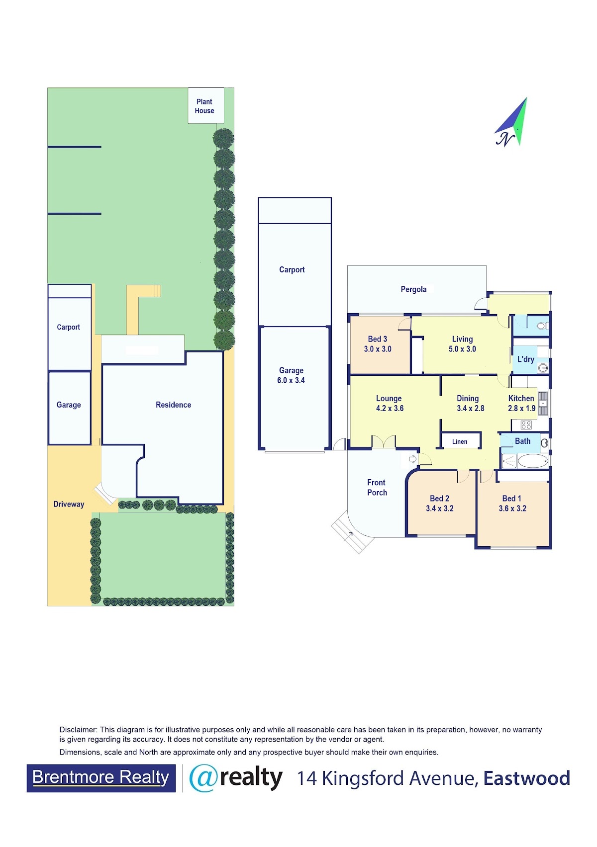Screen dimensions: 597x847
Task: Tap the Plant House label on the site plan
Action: [x=204, y=106]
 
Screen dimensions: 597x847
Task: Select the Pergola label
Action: [x=413, y=289]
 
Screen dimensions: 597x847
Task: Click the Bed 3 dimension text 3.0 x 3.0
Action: [x=378, y=349]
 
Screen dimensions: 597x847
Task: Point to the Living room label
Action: [x=462, y=339]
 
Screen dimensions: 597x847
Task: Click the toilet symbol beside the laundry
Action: [x=542, y=326]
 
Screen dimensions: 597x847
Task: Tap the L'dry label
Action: [x=525, y=359]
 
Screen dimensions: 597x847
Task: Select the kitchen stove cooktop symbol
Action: [x=526, y=424]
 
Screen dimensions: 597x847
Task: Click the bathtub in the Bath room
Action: [x=533, y=461]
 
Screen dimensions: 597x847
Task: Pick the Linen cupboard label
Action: [x=459, y=442]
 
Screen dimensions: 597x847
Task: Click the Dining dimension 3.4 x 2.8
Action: [x=470, y=409]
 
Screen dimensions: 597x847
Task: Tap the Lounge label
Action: [x=389, y=399]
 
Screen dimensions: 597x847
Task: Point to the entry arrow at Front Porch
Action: [x=412, y=459]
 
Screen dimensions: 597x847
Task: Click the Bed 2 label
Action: [x=439, y=499]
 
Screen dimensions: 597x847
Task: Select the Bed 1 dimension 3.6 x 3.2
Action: [x=512, y=508]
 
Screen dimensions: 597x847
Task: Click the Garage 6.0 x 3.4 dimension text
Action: [x=291, y=380]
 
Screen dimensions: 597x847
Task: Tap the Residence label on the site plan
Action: [x=174, y=405]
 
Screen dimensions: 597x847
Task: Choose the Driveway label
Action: [x=69, y=504]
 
